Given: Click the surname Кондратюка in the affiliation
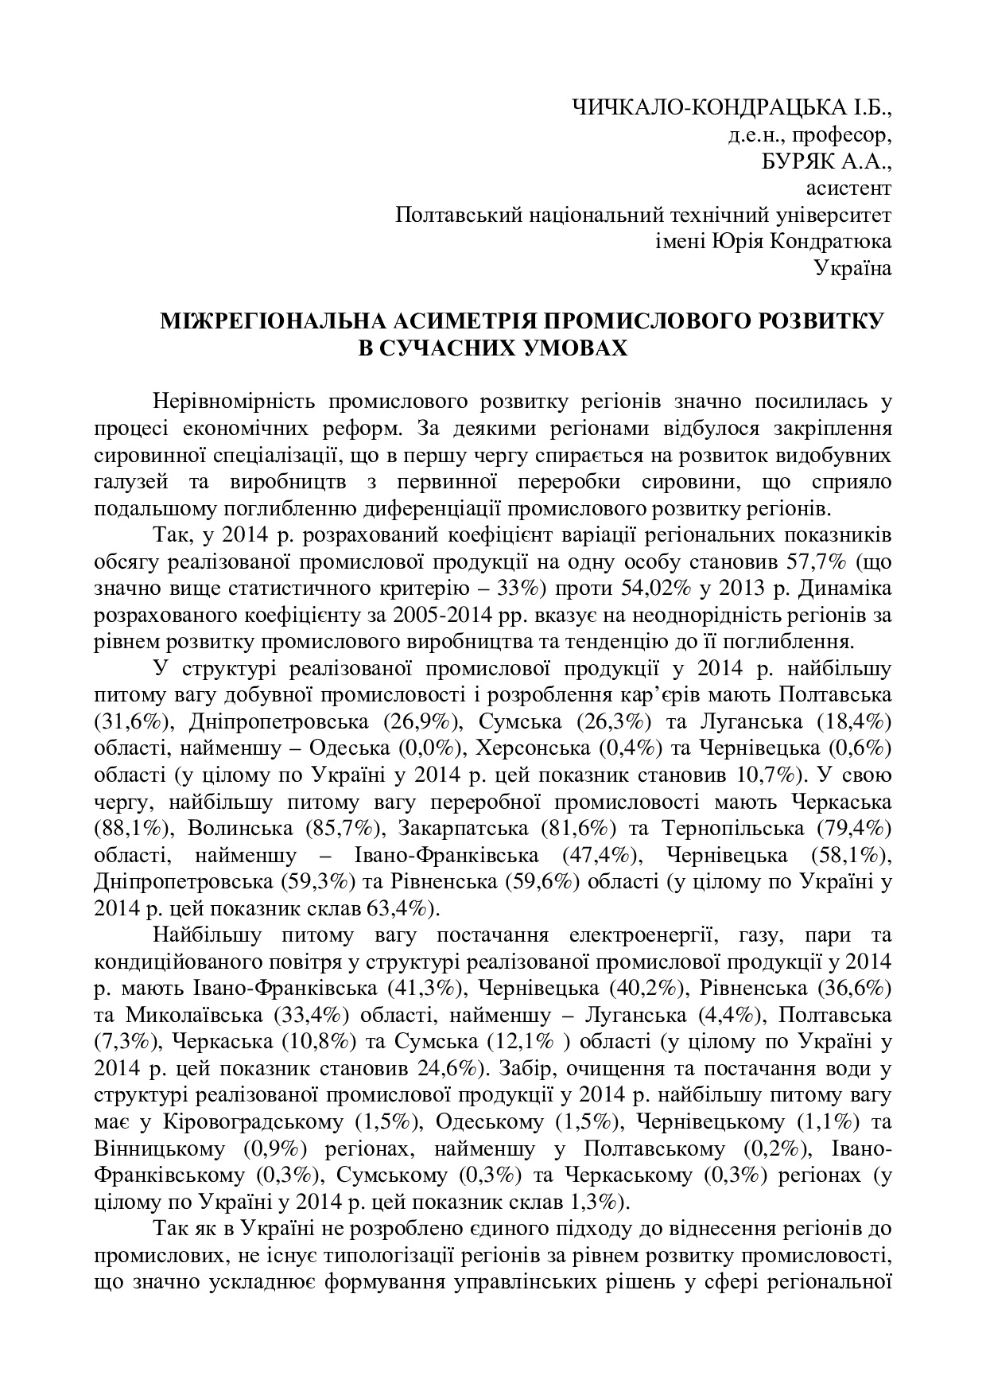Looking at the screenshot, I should [831, 242].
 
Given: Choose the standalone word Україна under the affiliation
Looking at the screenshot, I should [852, 269].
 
